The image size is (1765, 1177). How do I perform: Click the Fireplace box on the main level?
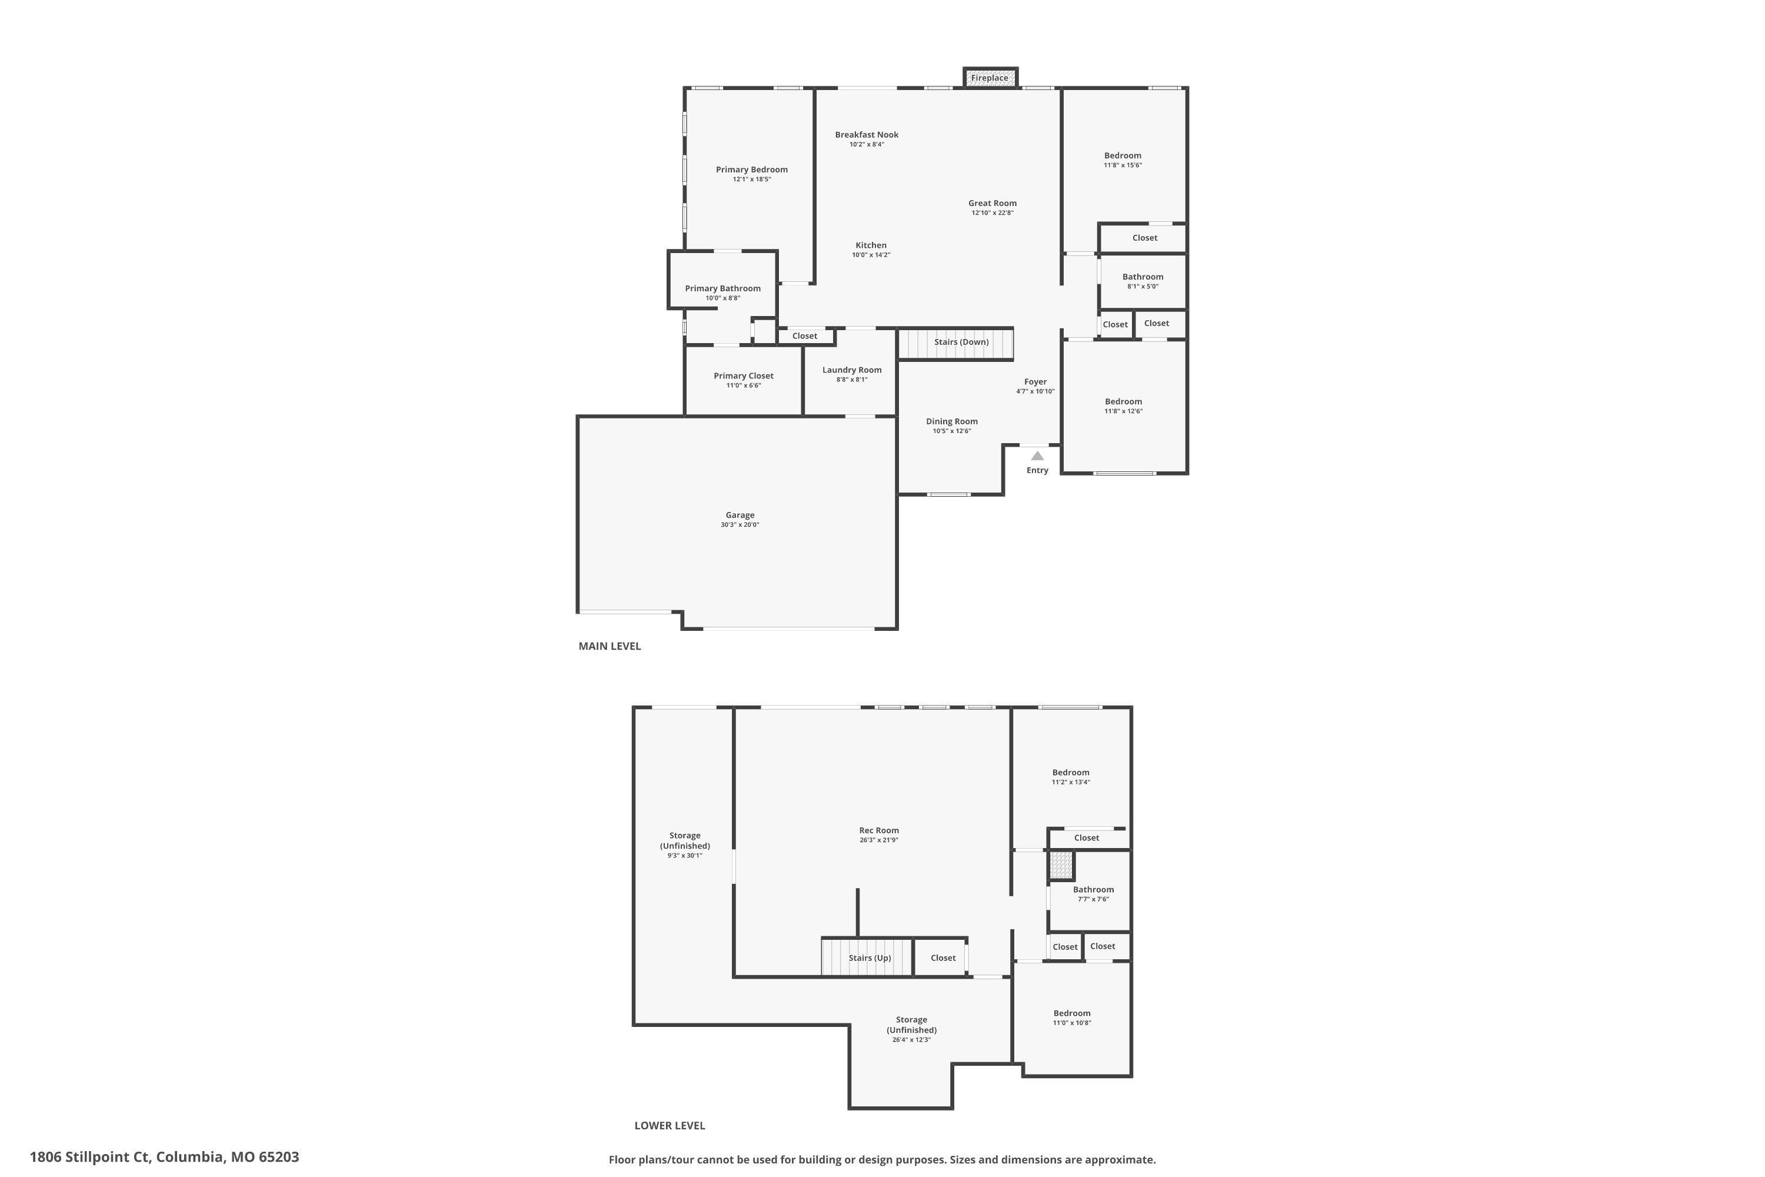[x=990, y=77]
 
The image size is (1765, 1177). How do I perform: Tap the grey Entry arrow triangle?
[x=1037, y=455]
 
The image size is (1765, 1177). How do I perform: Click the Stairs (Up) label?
[x=870, y=958]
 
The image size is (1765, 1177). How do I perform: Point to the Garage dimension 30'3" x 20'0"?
[x=740, y=525]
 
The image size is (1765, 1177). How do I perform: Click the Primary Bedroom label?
[x=751, y=169]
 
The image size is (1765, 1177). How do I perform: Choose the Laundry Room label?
[x=852, y=370]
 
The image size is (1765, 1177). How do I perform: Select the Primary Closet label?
[x=743, y=376]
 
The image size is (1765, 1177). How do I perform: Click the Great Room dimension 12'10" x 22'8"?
[x=992, y=213]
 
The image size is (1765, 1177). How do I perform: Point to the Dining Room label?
[x=951, y=422]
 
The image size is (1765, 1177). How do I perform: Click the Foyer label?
[x=1035, y=382]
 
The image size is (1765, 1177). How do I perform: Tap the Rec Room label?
[x=879, y=830]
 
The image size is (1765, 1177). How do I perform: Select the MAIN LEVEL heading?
[x=610, y=646]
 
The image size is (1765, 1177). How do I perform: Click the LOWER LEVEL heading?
[x=670, y=1125]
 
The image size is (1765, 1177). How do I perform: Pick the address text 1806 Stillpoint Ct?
[x=90, y=1157]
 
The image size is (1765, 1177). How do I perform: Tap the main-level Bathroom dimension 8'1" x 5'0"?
[x=1142, y=287]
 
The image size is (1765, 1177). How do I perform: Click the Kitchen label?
[x=871, y=245]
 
